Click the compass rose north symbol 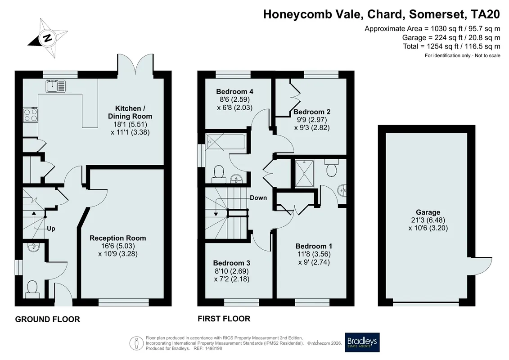coord(47,38)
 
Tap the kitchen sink coord(55,86)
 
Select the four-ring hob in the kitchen coord(30,115)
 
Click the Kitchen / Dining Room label coord(130,112)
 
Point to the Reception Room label coord(118,238)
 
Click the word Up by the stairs coord(51,229)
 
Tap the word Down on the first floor coord(258,198)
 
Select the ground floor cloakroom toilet coord(32,289)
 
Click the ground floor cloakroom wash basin coord(34,247)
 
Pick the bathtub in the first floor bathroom coord(226,142)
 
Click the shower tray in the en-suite coord(305,173)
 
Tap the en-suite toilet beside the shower coord(331,168)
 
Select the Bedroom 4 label coord(235,91)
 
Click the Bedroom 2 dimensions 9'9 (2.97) coord(312,120)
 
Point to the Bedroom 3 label coord(232,263)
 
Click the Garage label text coord(428,212)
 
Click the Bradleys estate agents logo coord(362,342)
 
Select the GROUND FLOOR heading coord(47,319)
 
